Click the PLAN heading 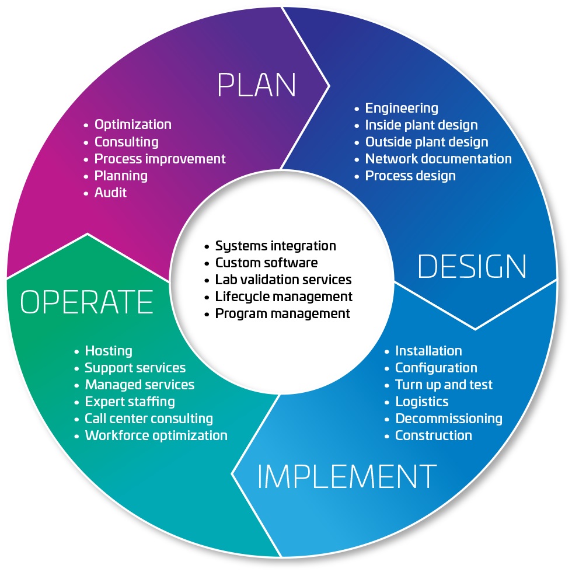pyautogui.click(x=256, y=85)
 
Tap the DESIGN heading pyautogui.click(x=472, y=266)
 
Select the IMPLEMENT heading pyautogui.click(x=347, y=477)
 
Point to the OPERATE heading pyautogui.click(x=86, y=302)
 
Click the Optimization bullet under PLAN pyautogui.click(x=132, y=124)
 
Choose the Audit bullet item pyautogui.click(x=110, y=192)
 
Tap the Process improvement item pyautogui.click(x=159, y=158)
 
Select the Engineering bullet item pyautogui.click(x=401, y=108)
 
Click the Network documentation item pyautogui.click(x=438, y=159)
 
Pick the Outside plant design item pyautogui.click(x=426, y=142)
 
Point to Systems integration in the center pyautogui.click(x=275, y=246)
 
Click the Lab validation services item pyautogui.click(x=283, y=280)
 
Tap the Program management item pyautogui.click(x=282, y=313)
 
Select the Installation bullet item pyautogui.click(x=428, y=351)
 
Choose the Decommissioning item pyautogui.click(x=448, y=418)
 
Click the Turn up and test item pyautogui.click(x=444, y=385)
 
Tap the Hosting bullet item pyautogui.click(x=108, y=351)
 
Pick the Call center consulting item pyautogui.click(x=148, y=418)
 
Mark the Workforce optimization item pyautogui.click(x=156, y=435)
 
